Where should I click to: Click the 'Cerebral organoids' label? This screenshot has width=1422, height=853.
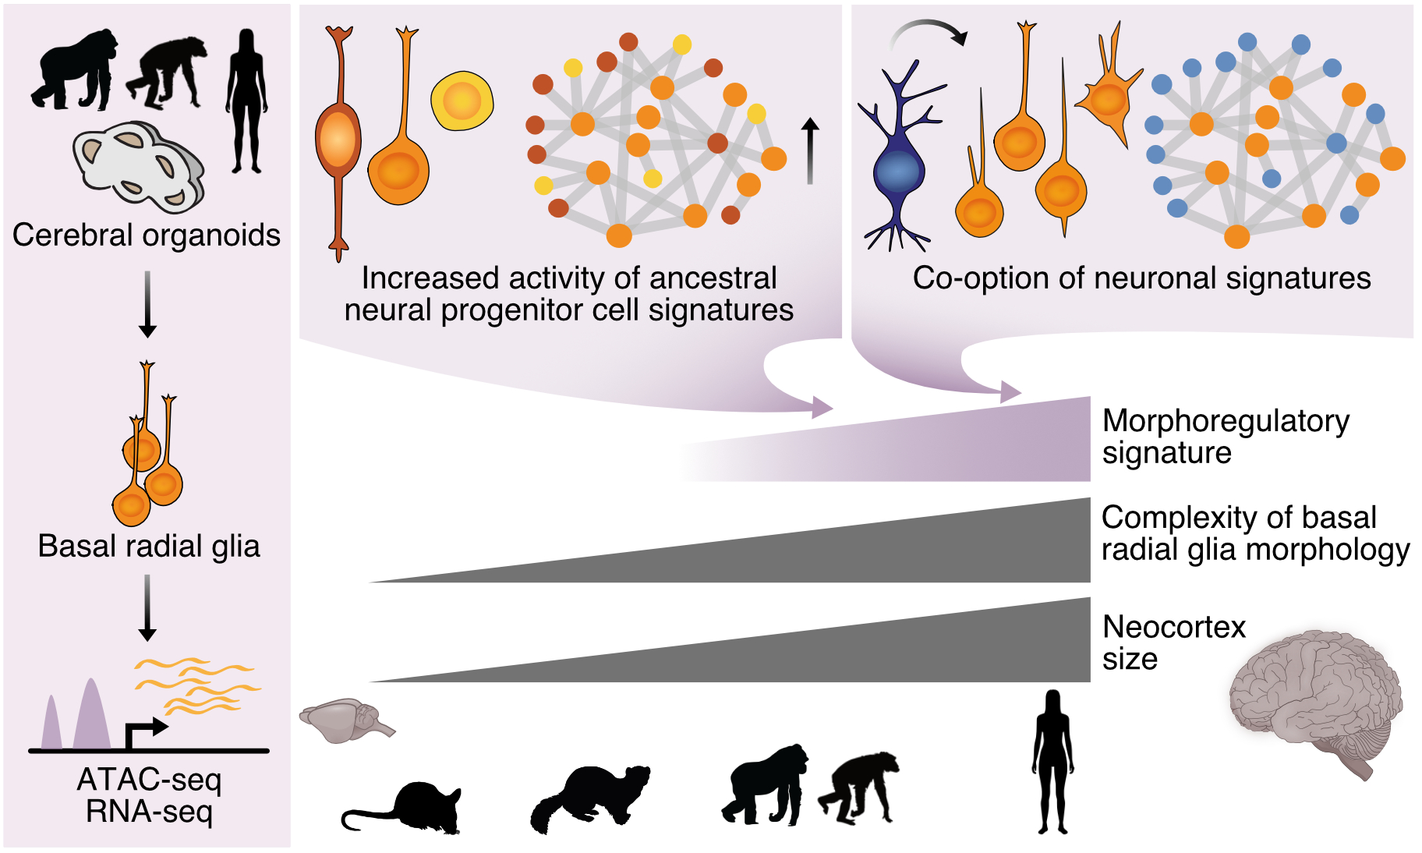click(147, 235)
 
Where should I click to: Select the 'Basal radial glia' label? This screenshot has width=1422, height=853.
click(148, 547)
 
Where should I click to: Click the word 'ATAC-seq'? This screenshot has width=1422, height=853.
click(150, 780)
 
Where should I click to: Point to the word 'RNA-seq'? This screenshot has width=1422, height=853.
click(150, 812)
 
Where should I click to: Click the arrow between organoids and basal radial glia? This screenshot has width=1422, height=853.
click(147, 304)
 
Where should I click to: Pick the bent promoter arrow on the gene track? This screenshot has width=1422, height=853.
click(145, 731)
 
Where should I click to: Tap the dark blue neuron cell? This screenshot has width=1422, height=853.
click(899, 167)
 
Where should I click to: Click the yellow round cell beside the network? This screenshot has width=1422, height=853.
click(462, 101)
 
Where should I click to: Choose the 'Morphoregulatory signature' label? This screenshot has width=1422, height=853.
click(1225, 437)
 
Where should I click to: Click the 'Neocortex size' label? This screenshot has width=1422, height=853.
click(1173, 642)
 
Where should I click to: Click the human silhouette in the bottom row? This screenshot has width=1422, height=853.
click(1052, 762)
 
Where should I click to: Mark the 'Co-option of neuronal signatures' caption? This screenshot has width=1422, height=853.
click(1141, 278)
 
